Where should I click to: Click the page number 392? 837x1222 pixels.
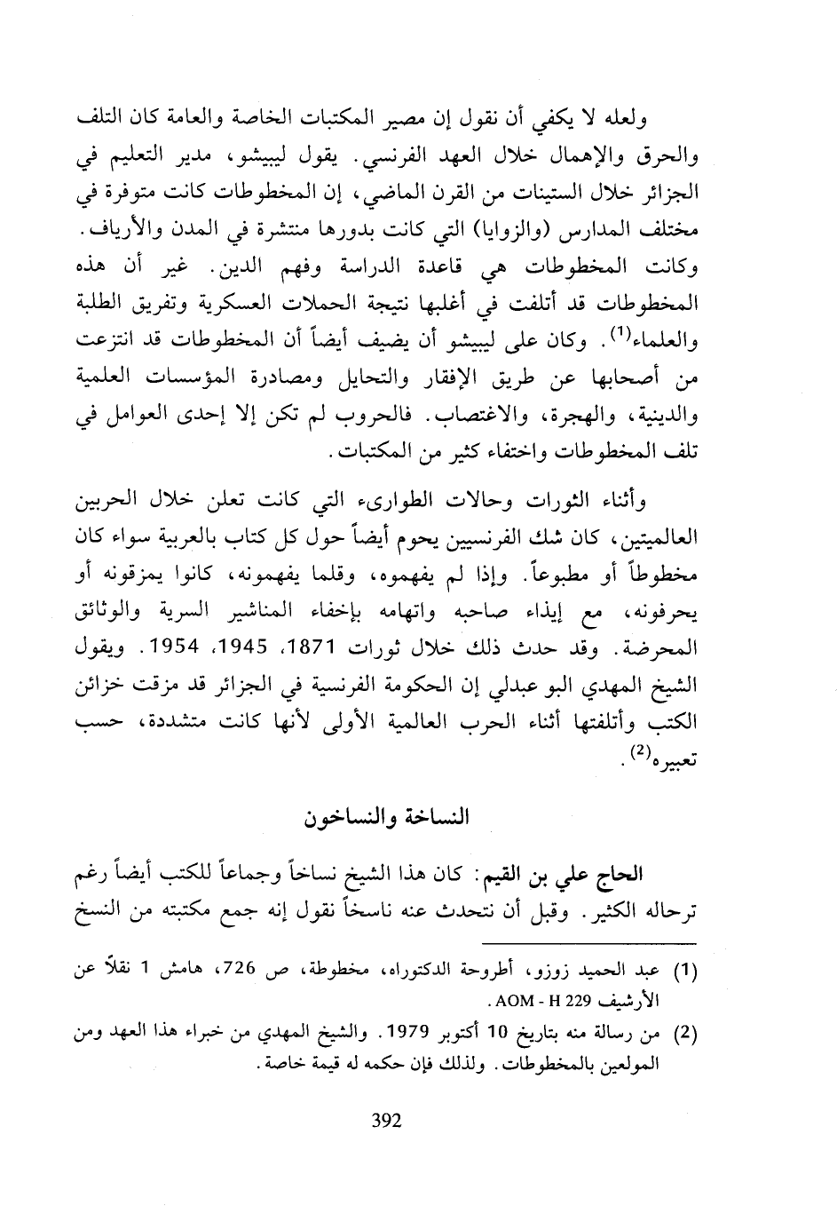384,1120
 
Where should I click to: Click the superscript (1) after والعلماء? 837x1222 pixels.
620,335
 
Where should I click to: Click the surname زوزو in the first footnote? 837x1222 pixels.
565,971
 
